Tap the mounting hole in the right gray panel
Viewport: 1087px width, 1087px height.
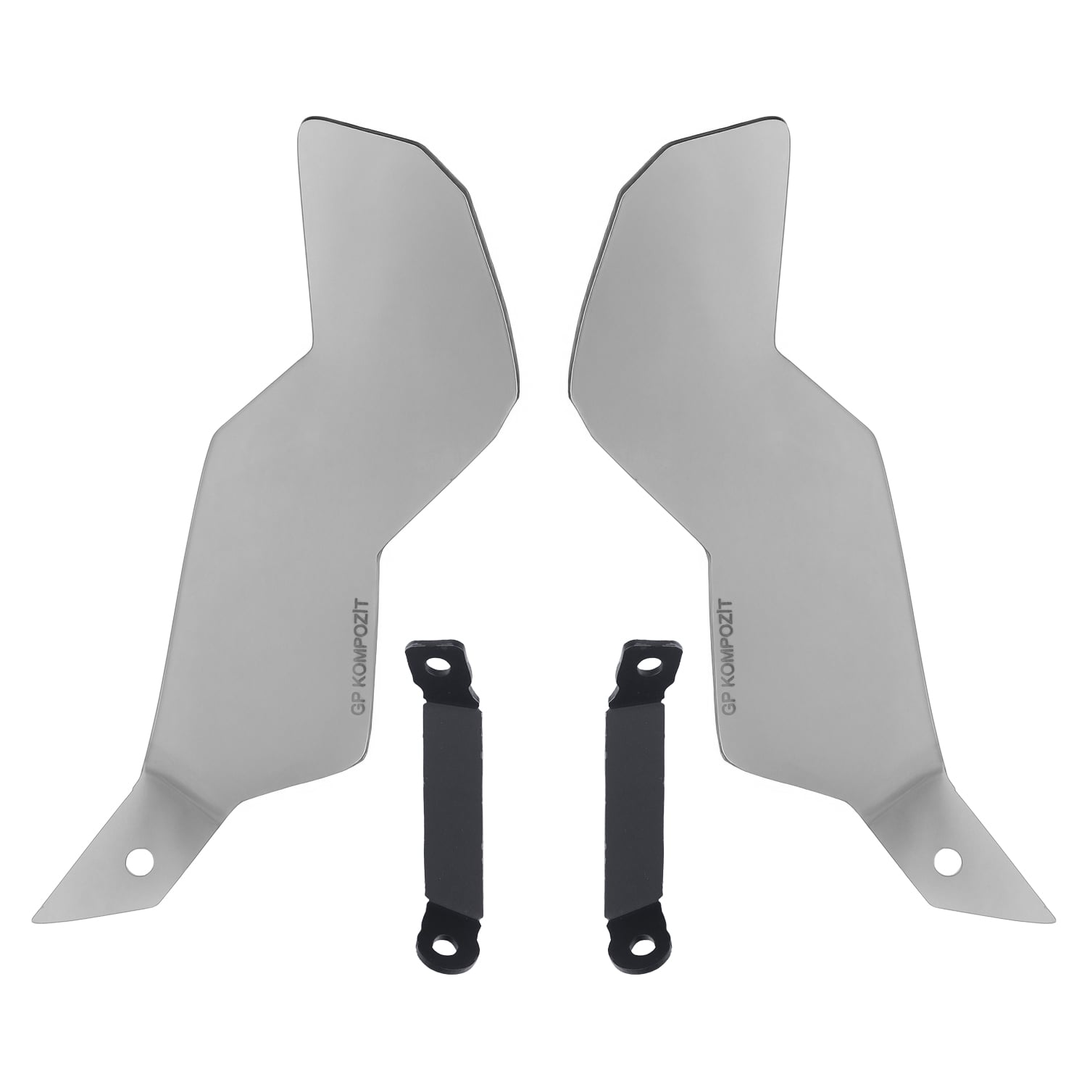pyautogui.click(x=946, y=860)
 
